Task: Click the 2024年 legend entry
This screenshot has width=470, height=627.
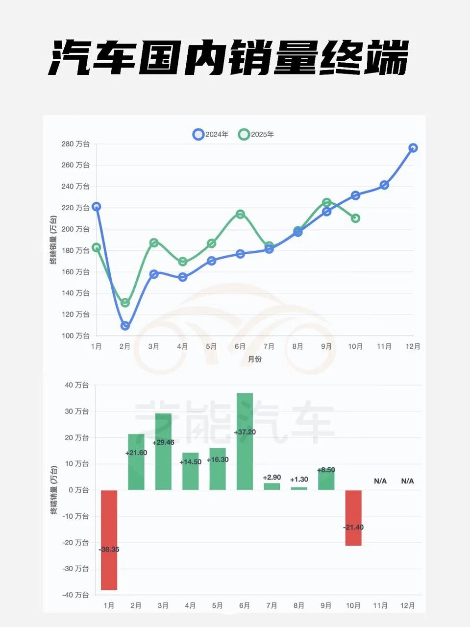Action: pyautogui.click(x=211, y=134)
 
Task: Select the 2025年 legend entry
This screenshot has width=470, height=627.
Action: pyautogui.click(x=256, y=134)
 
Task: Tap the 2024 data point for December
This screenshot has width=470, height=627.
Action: pyautogui.click(x=413, y=148)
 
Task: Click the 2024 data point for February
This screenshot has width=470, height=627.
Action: pyautogui.click(x=125, y=326)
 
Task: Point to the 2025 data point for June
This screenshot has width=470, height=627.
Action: pyautogui.click(x=240, y=214)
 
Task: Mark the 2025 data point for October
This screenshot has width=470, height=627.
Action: pyautogui.click(x=355, y=218)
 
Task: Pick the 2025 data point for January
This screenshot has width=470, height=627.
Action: pyautogui.click(x=97, y=247)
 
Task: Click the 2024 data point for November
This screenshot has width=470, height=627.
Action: pyautogui.click(x=384, y=185)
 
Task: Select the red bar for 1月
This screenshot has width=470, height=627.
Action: pyautogui.click(x=109, y=540)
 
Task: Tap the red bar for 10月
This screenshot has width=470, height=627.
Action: pyautogui.click(x=353, y=518)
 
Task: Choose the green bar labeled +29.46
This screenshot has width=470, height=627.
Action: pyautogui.click(x=163, y=451)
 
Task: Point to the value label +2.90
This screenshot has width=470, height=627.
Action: pyautogui.click(x=272, y=477)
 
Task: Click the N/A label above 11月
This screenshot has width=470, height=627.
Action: pyautogui.click(x=380, y=481)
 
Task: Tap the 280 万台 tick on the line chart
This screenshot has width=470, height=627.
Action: pyautogui.click(x=75, y=144)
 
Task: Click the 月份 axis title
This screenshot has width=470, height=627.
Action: pyautogui.click(x=254, y=359)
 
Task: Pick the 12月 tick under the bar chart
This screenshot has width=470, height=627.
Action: pyautogui.click(x=407, y=605)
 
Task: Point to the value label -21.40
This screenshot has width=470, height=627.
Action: pyautogui.click(x=353, y=528)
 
